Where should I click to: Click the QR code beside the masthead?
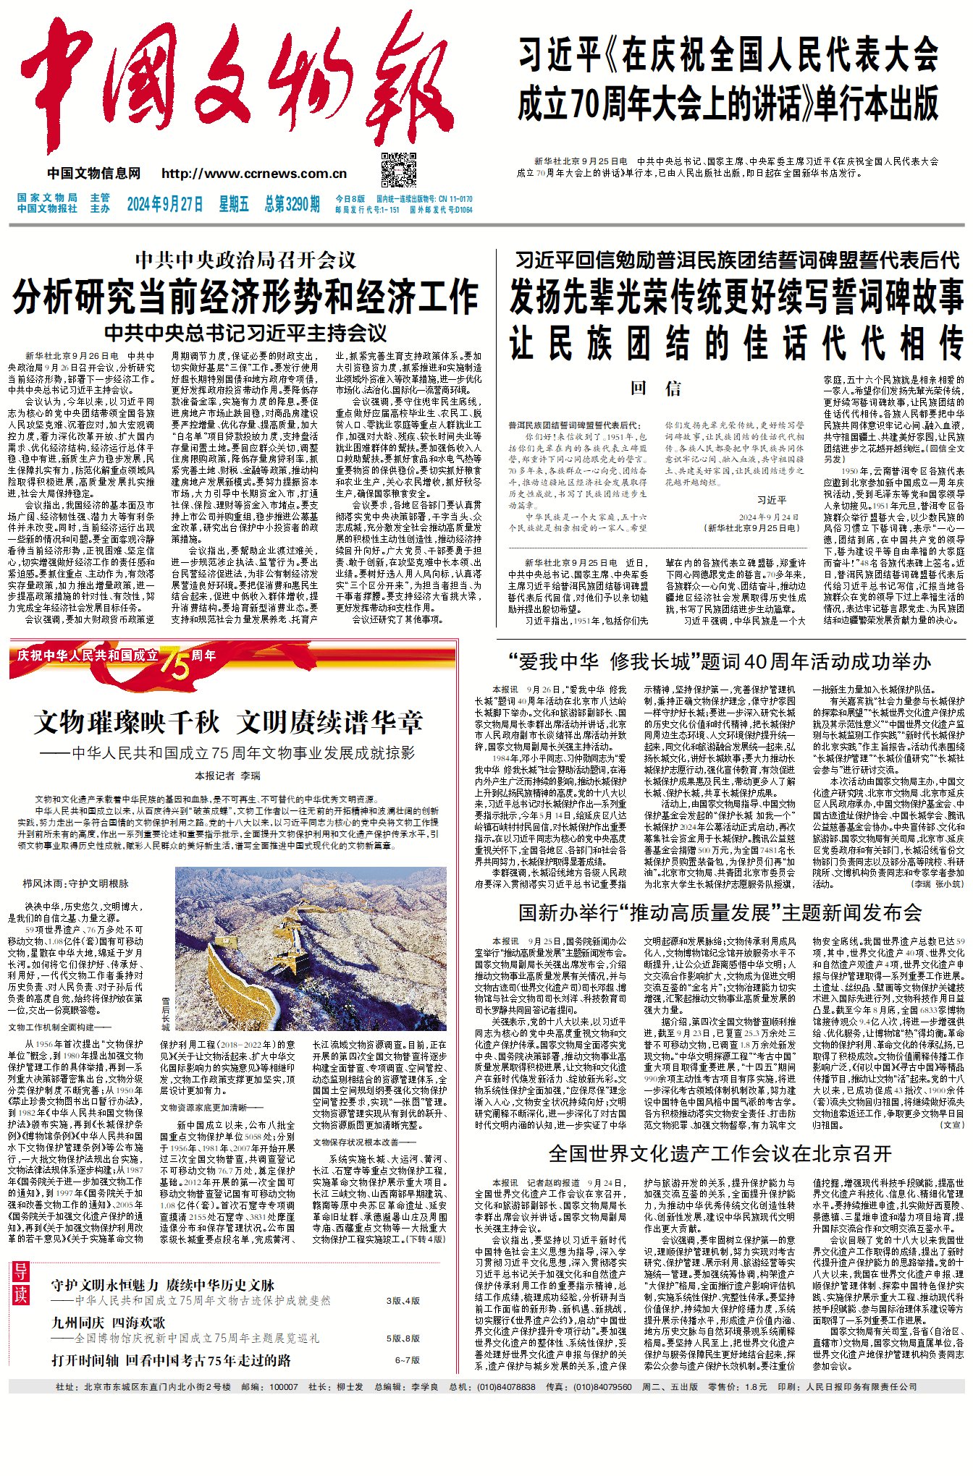pyautogui.click(x=399, y=170)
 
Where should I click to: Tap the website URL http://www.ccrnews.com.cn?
pyautogui.click(x=254, y=174)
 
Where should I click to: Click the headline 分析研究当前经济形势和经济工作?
pyautogui.click(x=245, y=296)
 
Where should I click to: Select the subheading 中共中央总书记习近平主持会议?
pyautogui.click(x=245, y=333)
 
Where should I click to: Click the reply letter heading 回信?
pyautogui.click(x=656, y=389)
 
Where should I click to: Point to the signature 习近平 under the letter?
pyautogui.click(x=772, y=500)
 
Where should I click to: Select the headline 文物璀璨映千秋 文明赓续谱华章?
pyautogui.click(x=229, y=722)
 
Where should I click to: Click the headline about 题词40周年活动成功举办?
pyautogui.click(x=720, y=661)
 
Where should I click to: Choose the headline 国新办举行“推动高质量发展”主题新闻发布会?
pyautogui.click(x=720, y=912)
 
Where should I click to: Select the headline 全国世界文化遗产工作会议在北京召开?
pyautogui.click(x=720, y=1153)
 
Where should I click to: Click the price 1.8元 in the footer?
pyautogui.click(x=756, y=1386)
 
